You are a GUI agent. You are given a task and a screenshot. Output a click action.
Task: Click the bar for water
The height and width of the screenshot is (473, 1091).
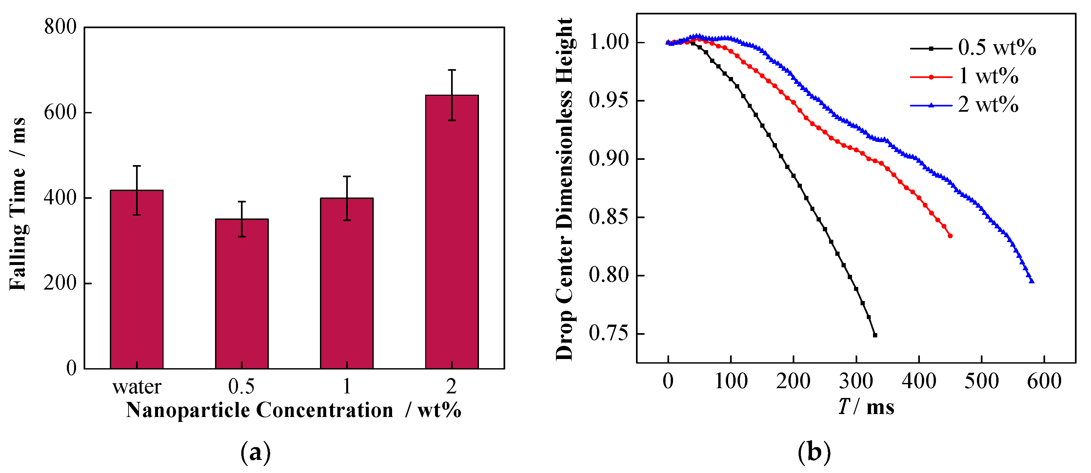click(x=137, y=279)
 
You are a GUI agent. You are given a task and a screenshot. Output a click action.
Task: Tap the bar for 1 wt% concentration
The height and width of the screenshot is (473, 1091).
click(x=347, y=283)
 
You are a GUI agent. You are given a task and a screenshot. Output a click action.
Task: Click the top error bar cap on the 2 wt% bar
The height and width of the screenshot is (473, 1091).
click(x=452, y=70)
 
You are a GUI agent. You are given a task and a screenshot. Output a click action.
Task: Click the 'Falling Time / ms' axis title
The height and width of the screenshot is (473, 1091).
click(x=18, y=203)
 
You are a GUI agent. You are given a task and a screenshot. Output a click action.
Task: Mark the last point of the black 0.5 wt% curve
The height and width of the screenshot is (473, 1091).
click(x=875, y=335)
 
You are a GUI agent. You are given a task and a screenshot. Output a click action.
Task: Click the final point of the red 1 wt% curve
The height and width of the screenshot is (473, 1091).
click(x=950, y=236)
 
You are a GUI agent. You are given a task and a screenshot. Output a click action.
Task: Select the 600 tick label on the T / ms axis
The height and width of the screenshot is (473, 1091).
click(x=1044, y=382)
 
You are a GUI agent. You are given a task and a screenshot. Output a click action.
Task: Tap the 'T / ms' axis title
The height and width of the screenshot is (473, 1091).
click(x=866, y=407)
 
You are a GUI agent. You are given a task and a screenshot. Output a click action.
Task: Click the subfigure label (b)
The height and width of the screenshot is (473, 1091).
click(x=814, y=452)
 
